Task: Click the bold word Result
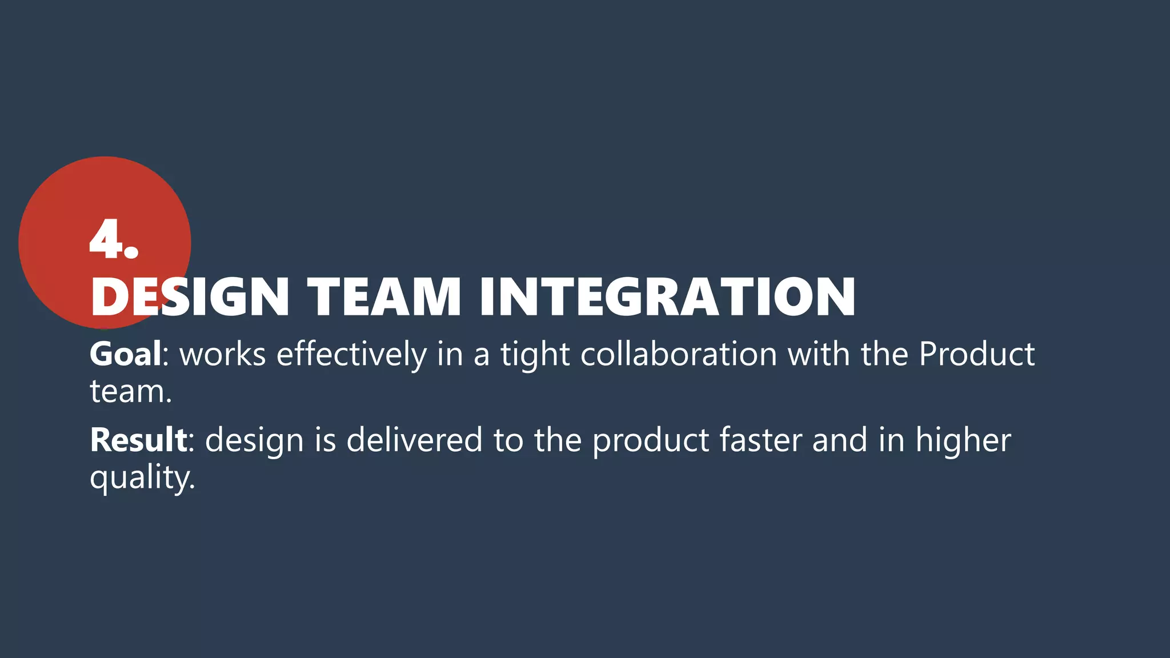click(138, 440)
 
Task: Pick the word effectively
click(351, 354)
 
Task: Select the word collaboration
click(679, 354)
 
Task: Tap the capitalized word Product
click(976, 354)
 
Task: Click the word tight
click(535, 355)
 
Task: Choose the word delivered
click(414, 440)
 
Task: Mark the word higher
click(963, 441)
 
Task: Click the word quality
click(142, 478)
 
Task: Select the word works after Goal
click(223, 354)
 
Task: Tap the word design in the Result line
click(254, 441)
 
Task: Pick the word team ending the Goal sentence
click(130, 392)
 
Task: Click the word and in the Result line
click(840, 440)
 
